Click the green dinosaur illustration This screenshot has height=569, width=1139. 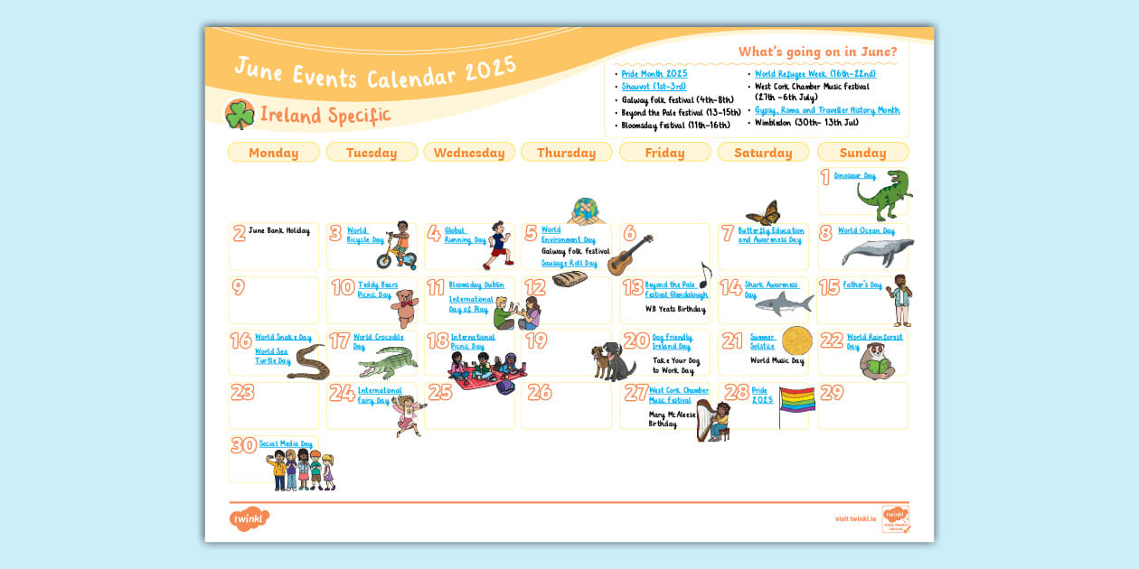884,195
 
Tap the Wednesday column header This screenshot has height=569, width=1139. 469,153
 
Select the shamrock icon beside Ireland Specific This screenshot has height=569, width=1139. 240,115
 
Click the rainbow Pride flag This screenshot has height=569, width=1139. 796,400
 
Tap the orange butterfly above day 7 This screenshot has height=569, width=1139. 762,213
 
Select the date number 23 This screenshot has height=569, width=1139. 242,393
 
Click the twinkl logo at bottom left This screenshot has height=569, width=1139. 249,519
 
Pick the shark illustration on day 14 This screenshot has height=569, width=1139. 783,304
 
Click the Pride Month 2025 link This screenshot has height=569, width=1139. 654,73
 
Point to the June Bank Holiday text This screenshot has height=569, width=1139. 278,231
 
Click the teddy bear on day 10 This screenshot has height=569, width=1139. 404,308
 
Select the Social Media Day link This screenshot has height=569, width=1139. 285,443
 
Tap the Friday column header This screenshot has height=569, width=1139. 664,153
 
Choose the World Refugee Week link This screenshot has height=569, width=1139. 814,73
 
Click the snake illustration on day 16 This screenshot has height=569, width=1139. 308,363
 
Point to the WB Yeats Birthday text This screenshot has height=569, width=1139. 674,309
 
